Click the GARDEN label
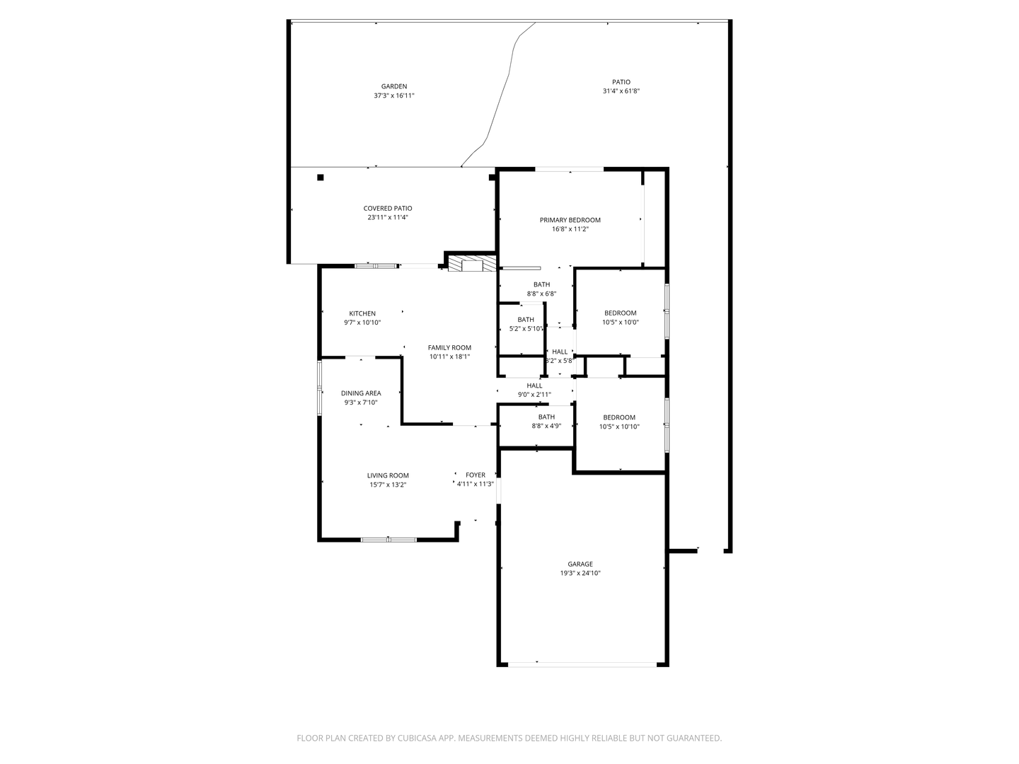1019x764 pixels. pyautogui.click(x=394, y=86)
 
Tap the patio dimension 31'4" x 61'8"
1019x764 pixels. pyautogui.click(x=621, y=91)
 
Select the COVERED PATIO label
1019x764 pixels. pyautogui.click(x=388, y=209)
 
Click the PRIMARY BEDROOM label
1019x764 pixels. pyautogui.click(x=570, y=220)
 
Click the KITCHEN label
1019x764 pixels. pyautogui.click(x=362, y=313)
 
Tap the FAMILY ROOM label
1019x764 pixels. pyautogui.click(x=449, y=347)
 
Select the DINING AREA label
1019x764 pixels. pyautogui.click(x=361, y=393)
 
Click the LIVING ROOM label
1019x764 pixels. pyautogui.click(x=388, y=475)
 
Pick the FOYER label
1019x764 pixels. pyautogui.click(x=476, y=475)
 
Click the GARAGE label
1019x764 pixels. pyautogui.click(x=580, y=565)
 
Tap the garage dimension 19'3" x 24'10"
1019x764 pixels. pyautogui.click(x=580, y=574)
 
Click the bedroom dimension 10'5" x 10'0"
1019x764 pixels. pyautogui.click(x=620, y=323)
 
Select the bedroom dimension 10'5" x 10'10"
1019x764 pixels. pyautogui.click(x=619, y=427)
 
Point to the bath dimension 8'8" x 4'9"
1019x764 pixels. pyautogui.click(x=546, y=427)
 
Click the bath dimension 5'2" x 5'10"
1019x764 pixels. pyautogui.click(x=526, y=329)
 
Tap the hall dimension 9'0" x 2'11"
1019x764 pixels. pyautogui.click(x=534, y=395)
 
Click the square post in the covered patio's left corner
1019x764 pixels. pyautogui.click(x=321, y=178)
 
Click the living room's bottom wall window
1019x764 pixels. pyautogui.click(x=388, y=540)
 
